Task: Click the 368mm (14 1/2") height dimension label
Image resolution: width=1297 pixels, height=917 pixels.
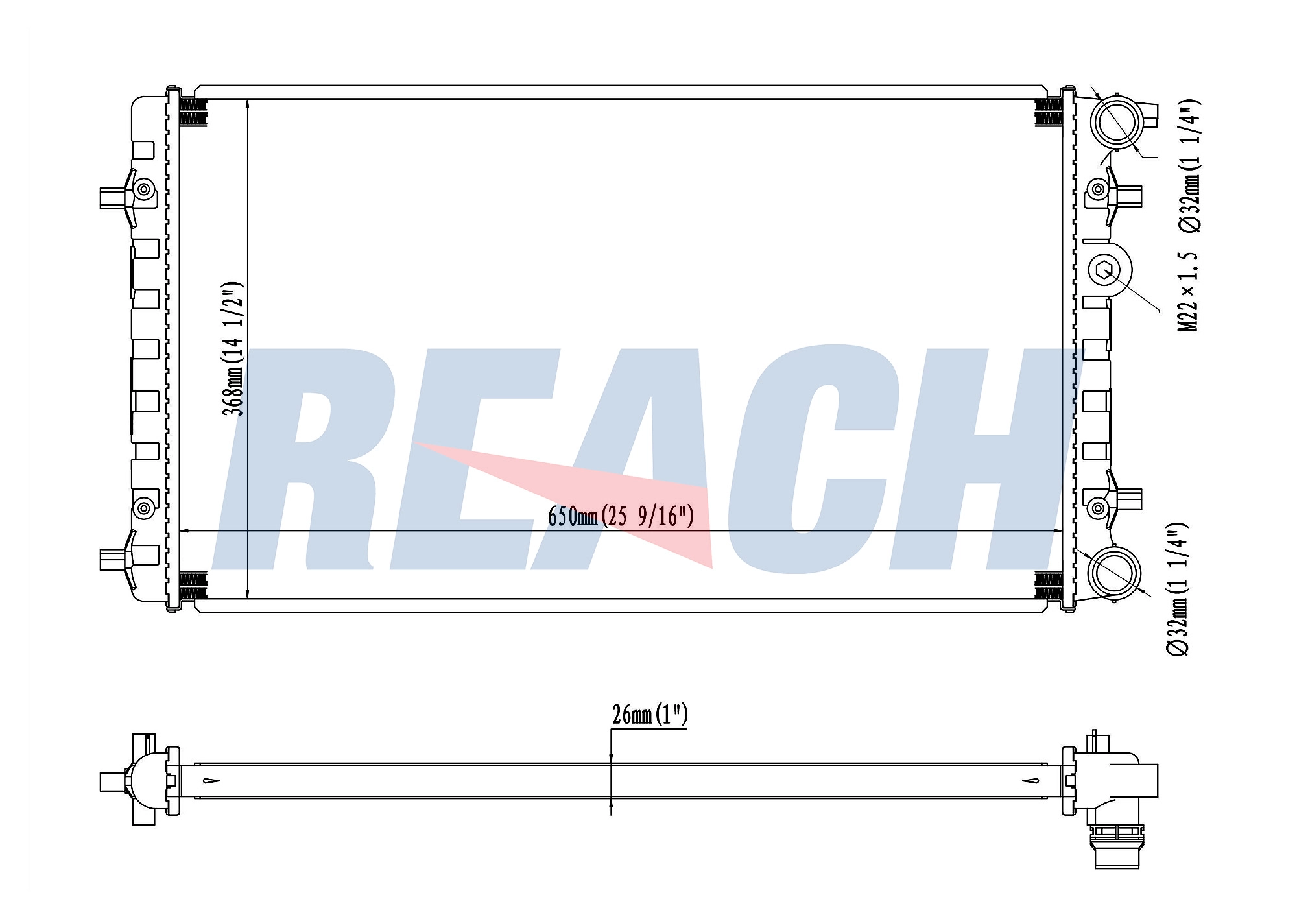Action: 233,348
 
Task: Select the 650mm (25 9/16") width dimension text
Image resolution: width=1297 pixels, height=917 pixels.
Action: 621,516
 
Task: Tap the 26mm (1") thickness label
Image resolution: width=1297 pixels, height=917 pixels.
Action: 650,714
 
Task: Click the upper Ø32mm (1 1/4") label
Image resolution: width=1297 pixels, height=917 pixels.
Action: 1189,165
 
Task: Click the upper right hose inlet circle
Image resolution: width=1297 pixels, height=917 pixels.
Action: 1115,121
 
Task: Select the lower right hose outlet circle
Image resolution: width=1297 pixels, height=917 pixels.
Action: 1114,573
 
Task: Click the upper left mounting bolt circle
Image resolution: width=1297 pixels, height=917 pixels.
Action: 144,190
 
